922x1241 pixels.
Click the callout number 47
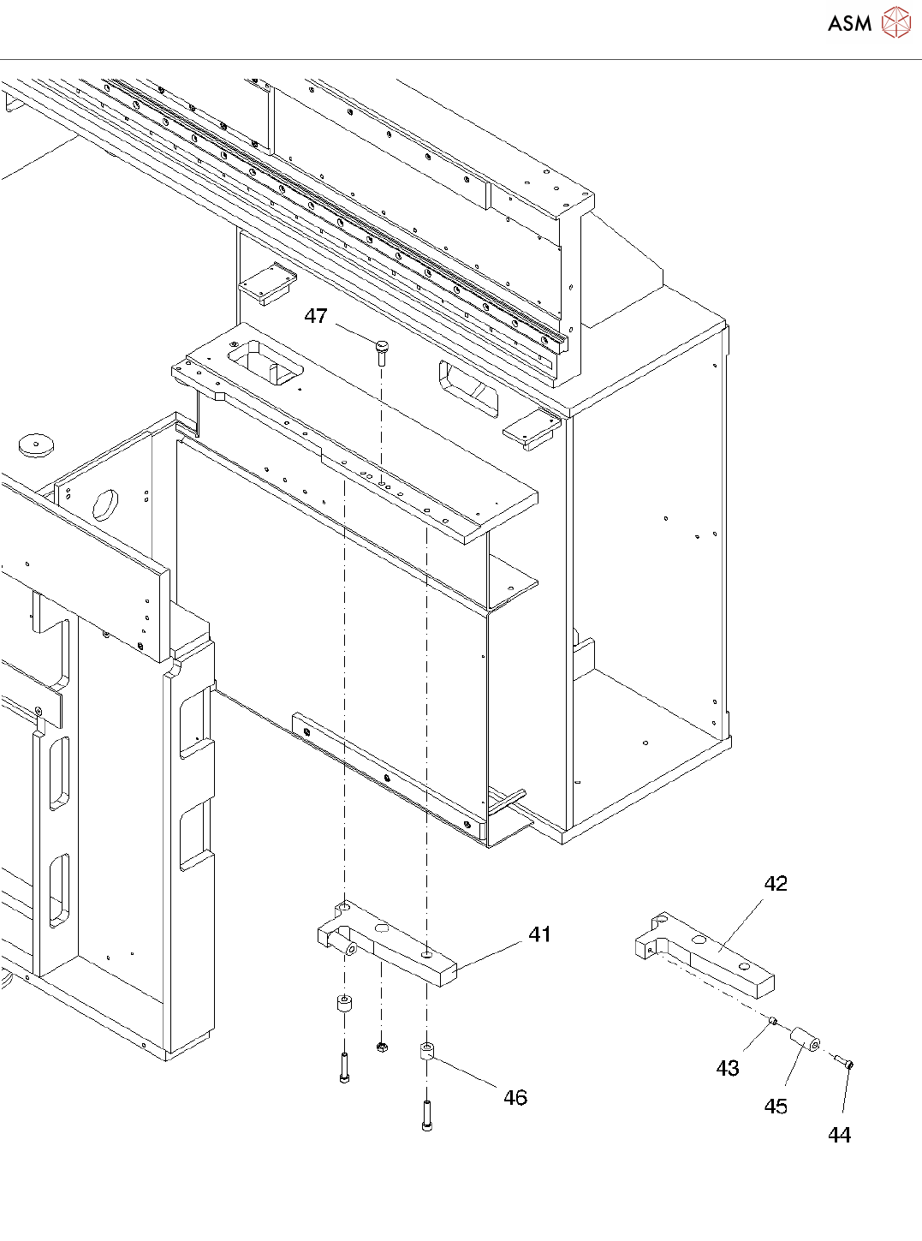316,316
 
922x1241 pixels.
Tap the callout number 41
539,934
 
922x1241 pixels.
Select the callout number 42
776,884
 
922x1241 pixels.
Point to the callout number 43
728,1068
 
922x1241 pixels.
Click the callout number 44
839,1135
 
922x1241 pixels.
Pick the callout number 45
776,1106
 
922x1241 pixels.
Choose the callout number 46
515,1097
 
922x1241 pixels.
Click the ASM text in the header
849,23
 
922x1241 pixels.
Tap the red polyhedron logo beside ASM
896,22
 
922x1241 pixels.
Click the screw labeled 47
381,350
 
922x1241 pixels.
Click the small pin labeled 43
772,1020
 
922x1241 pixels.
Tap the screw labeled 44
843,1063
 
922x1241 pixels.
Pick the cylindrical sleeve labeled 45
805,1039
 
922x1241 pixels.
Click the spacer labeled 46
427,1051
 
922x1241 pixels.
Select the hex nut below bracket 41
382,1047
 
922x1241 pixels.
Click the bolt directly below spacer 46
426,1115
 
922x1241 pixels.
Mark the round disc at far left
37,444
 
